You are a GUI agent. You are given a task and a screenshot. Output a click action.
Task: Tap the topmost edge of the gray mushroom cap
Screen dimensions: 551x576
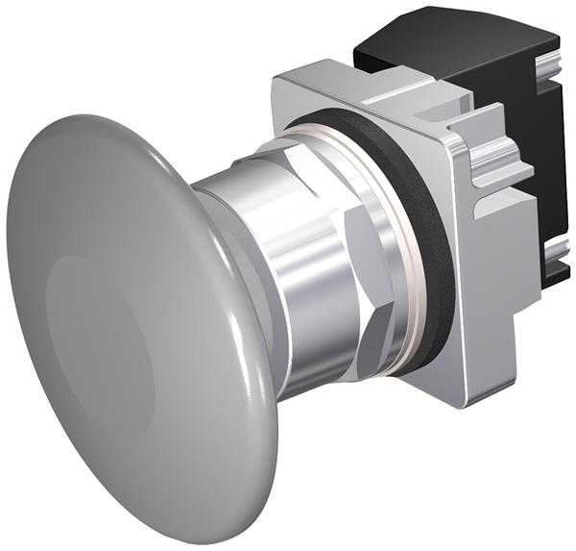point(72,119)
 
